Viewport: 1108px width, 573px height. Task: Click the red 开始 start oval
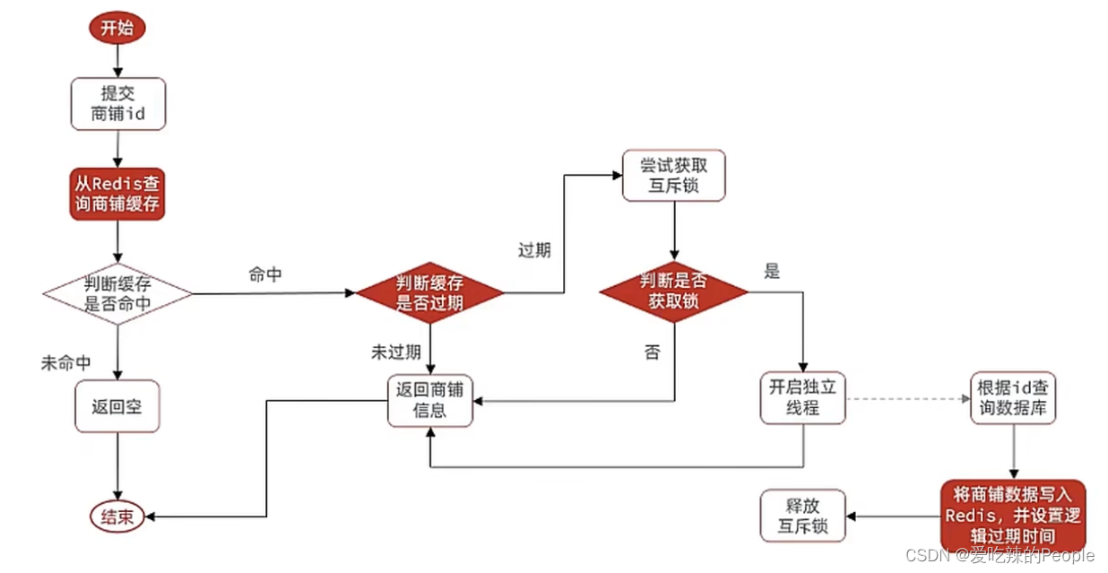click(117, 27)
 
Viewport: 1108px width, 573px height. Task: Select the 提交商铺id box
click(118, 103)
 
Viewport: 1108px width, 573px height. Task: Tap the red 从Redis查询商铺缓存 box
click(118, 193)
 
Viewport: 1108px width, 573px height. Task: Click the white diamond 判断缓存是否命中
click(117, 293)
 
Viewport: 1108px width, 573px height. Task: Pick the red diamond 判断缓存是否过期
click(430, 293)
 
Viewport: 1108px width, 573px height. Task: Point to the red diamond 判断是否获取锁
click(673, 291)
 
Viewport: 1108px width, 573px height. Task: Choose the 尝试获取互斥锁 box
click(673, 176)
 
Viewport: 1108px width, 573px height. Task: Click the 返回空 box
click(117, 405)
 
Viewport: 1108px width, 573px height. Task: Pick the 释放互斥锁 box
click(804, 515)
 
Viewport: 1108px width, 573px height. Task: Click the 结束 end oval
click(117, 517)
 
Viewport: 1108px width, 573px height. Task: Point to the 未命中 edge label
click(65, 363)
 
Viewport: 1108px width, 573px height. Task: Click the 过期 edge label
click(534, 250)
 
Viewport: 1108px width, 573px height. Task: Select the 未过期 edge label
click(396, 352)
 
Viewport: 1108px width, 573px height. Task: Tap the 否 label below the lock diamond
click(652, 352)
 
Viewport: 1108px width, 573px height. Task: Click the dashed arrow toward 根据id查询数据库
click(905, 398)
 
